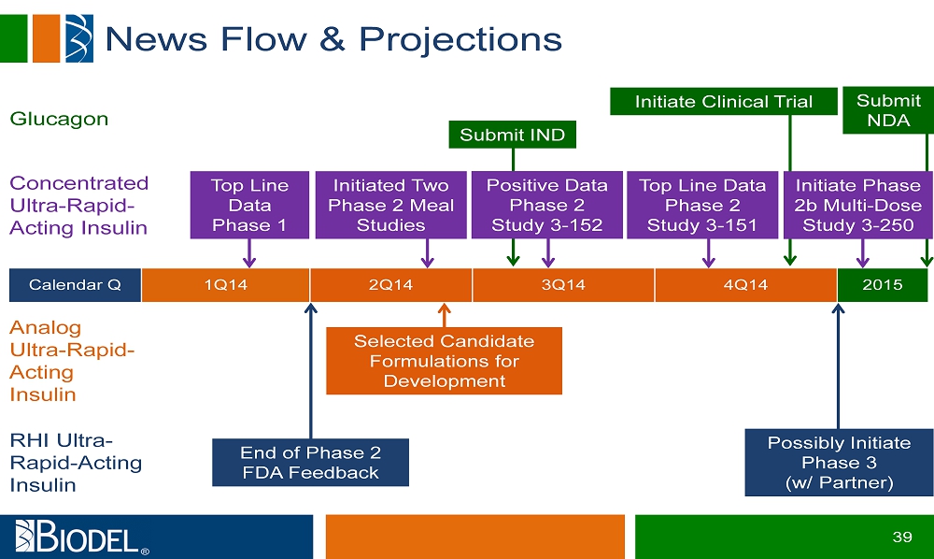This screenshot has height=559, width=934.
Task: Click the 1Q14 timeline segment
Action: coord(225,285)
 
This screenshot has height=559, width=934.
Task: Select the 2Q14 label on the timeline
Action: coord(390,285)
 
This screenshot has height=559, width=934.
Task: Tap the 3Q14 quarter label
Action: coord(563,285)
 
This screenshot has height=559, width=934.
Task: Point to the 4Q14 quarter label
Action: coord(745,285)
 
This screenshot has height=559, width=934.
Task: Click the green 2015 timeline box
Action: coord(882,285)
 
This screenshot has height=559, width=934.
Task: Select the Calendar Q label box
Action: coord(75,285)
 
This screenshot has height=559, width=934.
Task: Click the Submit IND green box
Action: coord(512,135)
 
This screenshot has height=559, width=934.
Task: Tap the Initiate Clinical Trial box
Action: coord(723,102)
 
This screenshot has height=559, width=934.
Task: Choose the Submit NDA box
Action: coord(887,110)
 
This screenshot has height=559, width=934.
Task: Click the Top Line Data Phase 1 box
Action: coord(249,205)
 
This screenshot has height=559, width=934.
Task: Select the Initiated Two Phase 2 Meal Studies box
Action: coord(390,205)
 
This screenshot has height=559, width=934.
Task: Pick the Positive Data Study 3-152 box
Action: coord(546,205)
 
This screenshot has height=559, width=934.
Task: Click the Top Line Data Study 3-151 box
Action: coord(701,205)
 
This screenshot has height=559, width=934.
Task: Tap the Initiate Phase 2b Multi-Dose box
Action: coord(857,205)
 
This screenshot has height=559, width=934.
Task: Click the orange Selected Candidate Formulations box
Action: coord(444,361)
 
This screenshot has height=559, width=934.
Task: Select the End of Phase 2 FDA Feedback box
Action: coord(310,462)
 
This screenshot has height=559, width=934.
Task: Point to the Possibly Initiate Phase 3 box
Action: coord(838,463)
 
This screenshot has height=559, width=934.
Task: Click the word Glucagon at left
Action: coord(59,119)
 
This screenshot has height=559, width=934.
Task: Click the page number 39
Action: coord(901,537)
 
